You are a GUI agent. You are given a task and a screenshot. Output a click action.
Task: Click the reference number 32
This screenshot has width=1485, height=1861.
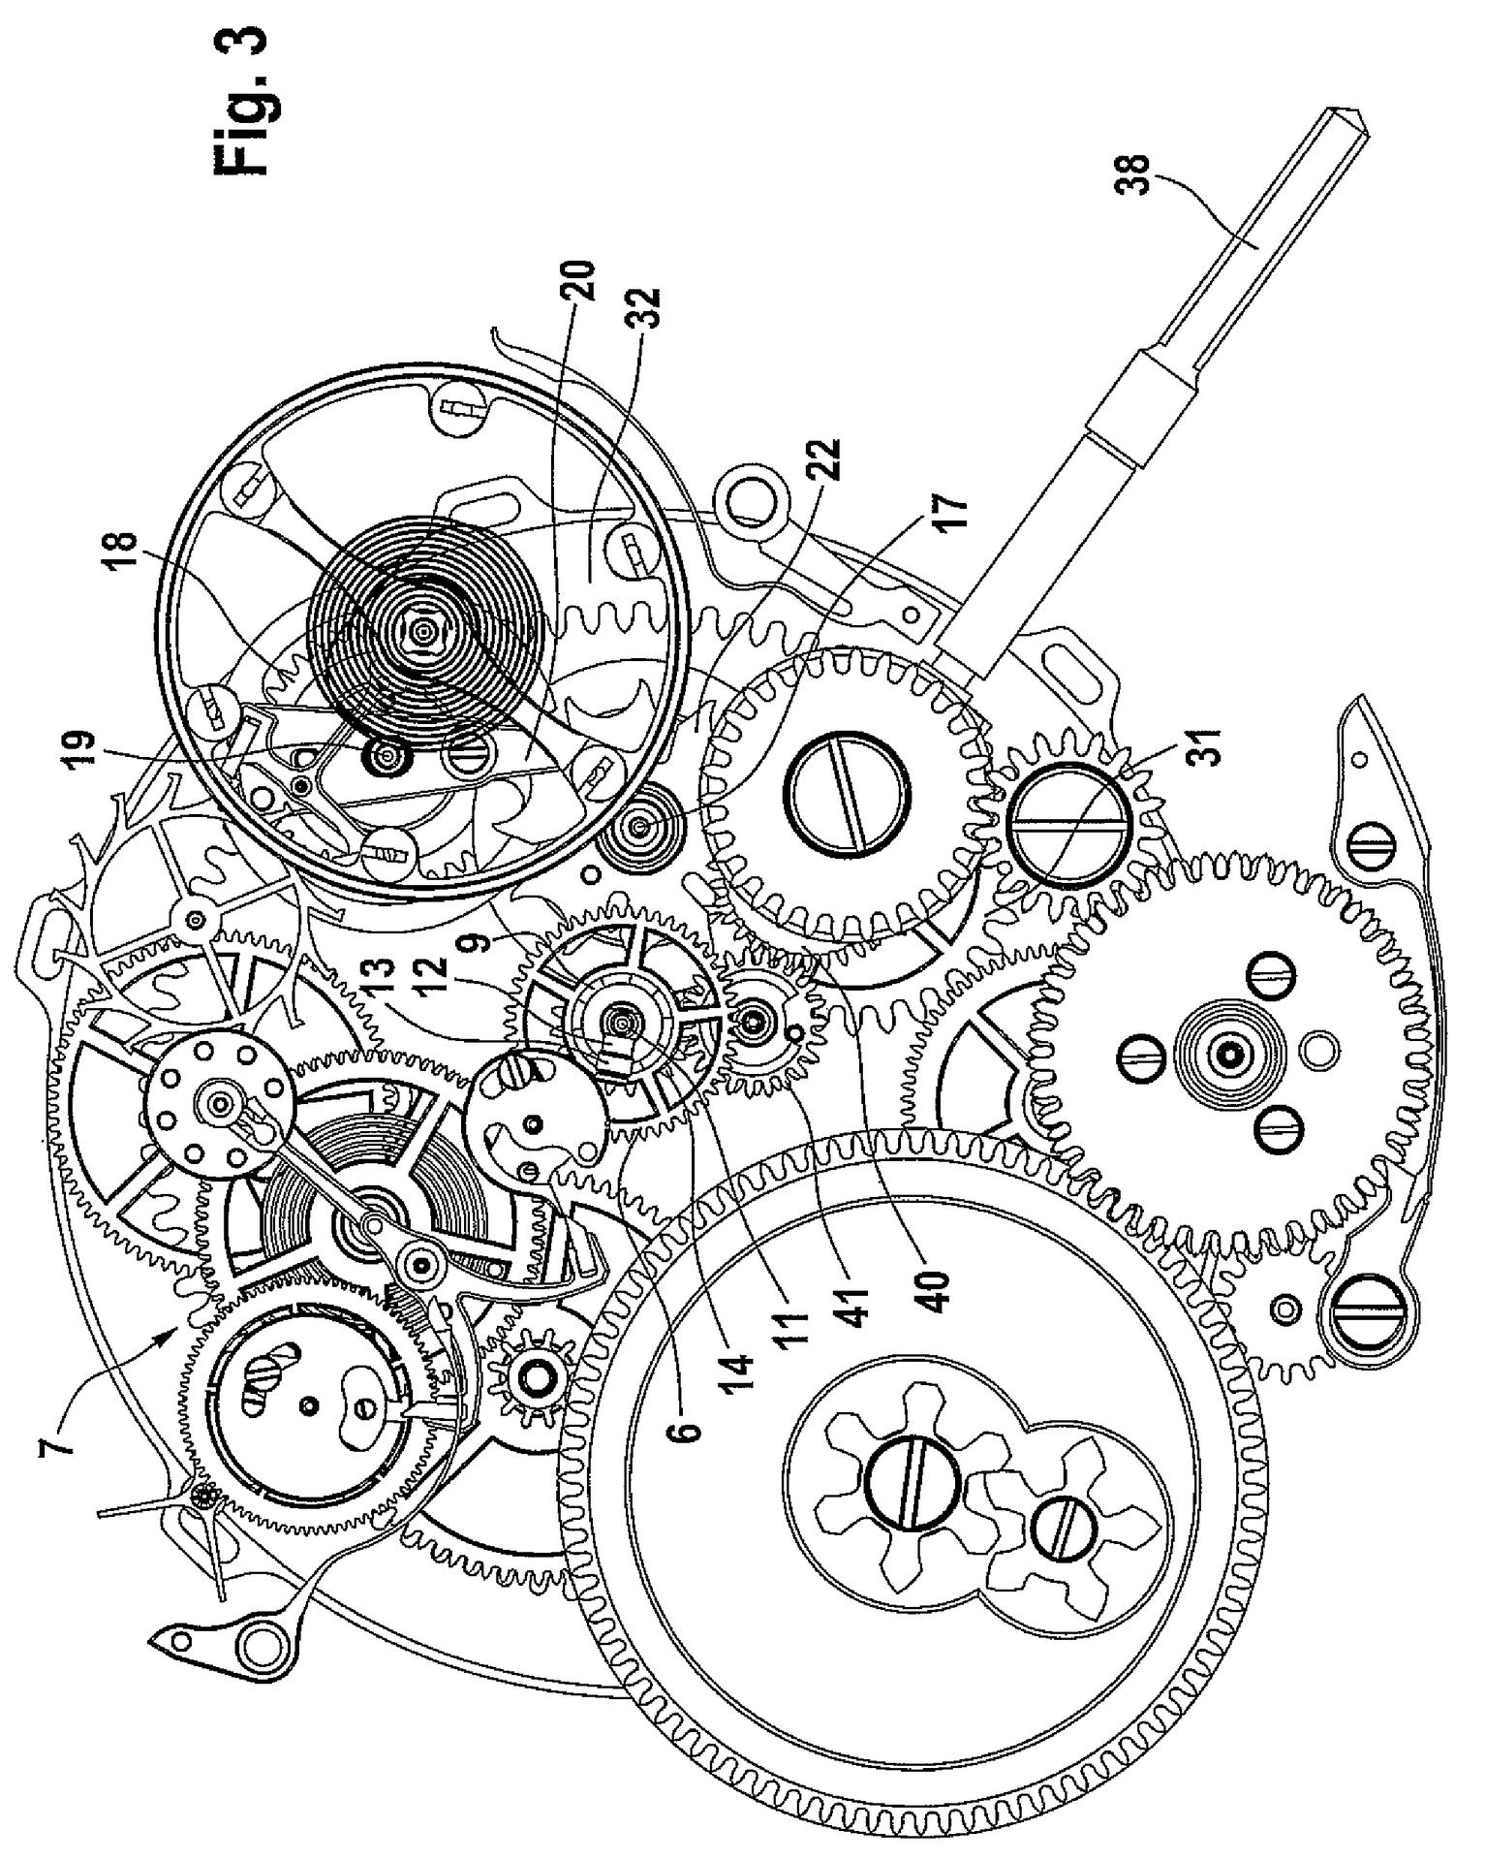[x=646, y=308]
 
